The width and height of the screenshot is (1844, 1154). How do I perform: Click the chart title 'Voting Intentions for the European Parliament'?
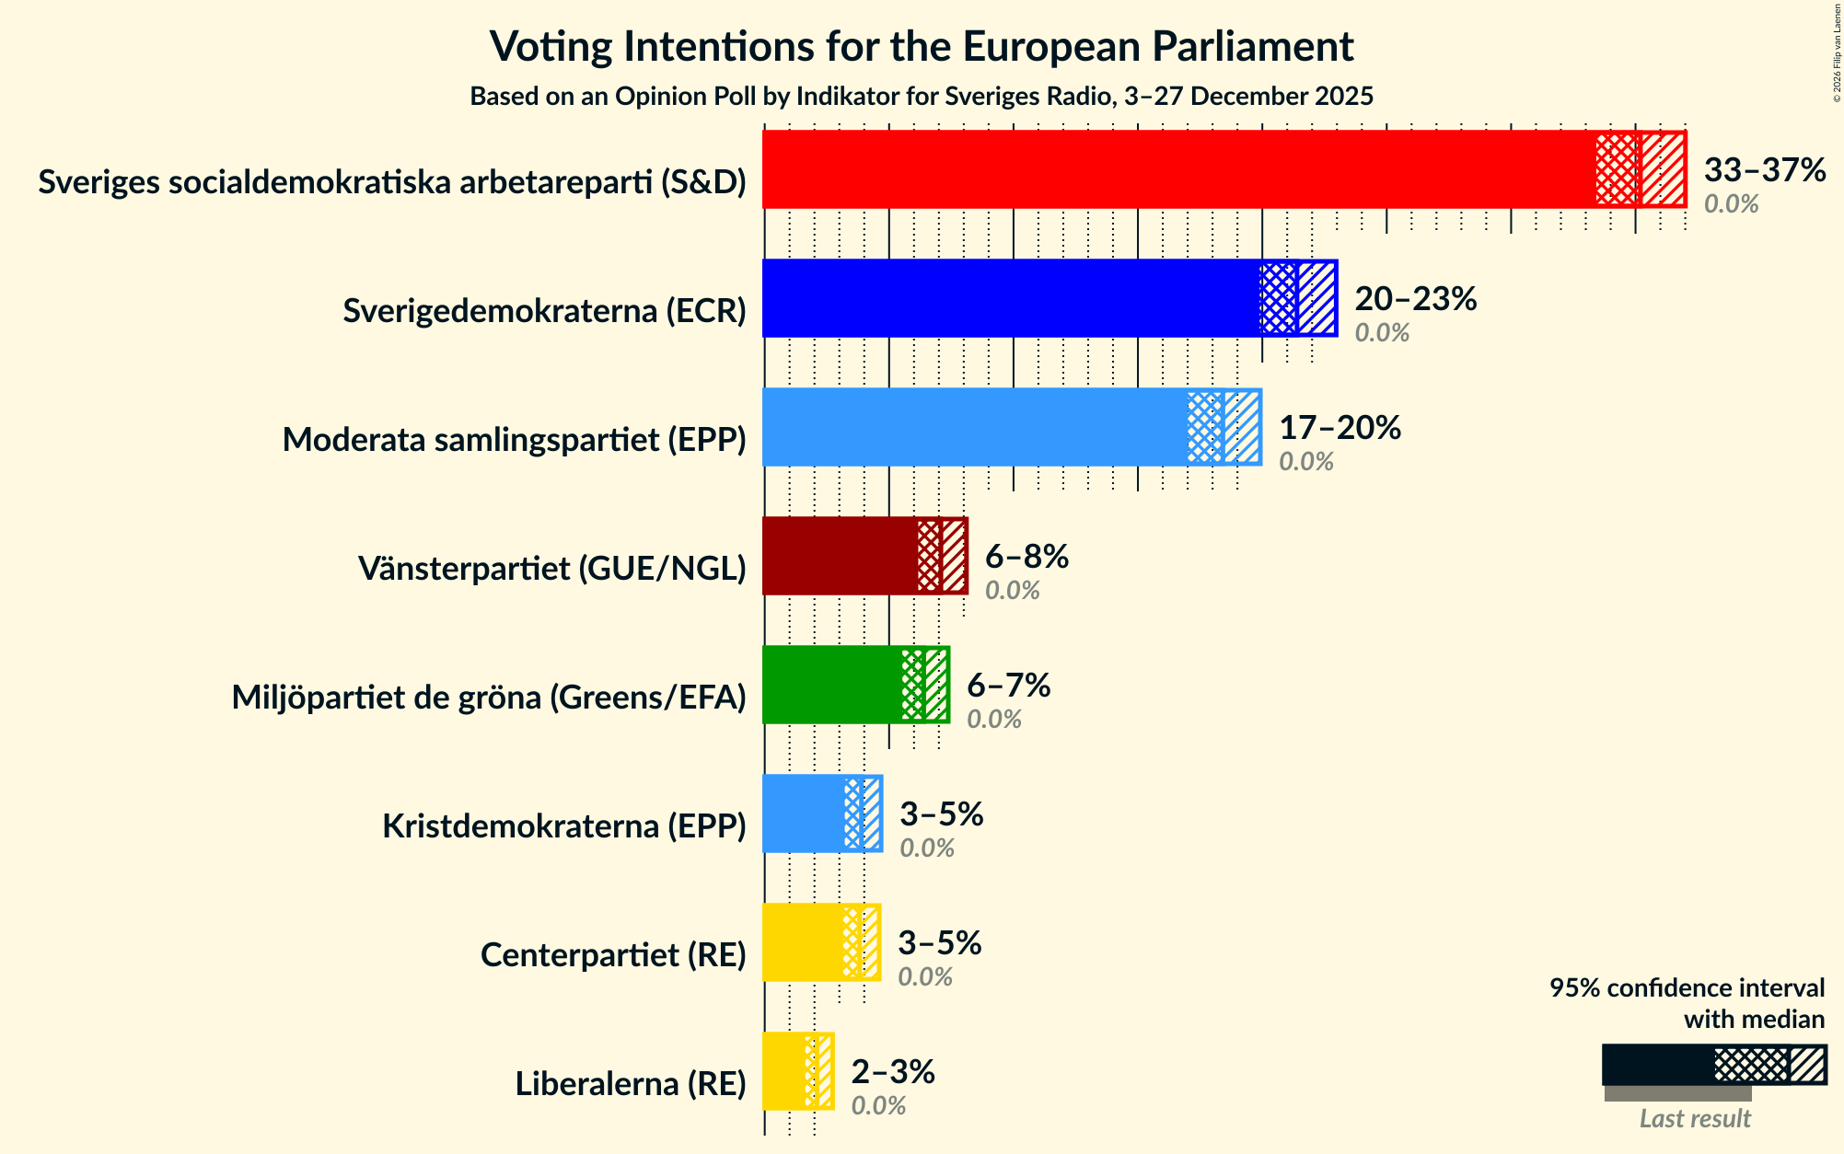pos(922,46)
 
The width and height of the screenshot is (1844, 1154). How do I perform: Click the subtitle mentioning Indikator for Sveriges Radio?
pos(922,97)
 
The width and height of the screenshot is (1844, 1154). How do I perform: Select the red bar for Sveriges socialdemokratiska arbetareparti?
pos(1178,169)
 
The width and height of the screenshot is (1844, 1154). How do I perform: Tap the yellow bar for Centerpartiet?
pos(802,942)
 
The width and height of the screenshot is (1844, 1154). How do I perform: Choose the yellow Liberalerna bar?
pos(783,1071)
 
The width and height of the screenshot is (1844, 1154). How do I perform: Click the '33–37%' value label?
pos(1764,170)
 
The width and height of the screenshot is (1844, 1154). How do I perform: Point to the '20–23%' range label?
pos(1415,299)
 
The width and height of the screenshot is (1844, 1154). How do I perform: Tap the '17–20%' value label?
pos(1340,428)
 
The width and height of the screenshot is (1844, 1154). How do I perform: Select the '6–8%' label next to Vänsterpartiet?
pos(1026,557)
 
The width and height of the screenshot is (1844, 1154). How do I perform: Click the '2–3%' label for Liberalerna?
pos(892,1072)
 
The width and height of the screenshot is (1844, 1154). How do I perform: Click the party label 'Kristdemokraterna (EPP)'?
pos(563,826)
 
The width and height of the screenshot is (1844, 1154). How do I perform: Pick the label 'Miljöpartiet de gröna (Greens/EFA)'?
pos(488,698)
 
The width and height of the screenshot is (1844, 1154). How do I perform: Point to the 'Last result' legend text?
pos(1694,1118)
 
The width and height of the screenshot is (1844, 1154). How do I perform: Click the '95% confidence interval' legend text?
pos(1687,988)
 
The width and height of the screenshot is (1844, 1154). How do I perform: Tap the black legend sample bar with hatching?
pos(1713,1065)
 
